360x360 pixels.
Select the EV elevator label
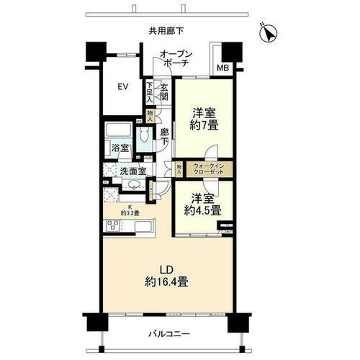(x=123, y=87)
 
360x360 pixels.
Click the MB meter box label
(x=222, y=69)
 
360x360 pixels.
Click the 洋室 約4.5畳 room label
(x=204, y=204)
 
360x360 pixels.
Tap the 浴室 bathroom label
(x=119, y=148)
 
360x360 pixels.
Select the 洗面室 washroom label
(x=132, y=171)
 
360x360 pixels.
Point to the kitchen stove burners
(x=114, y=226)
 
